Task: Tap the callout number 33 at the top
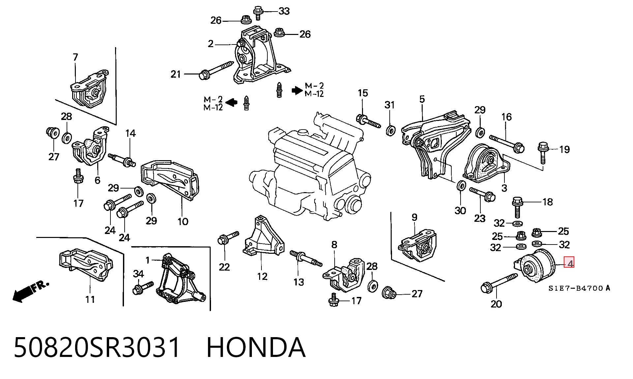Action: [x=284, y=11]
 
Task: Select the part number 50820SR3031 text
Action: [x=97, y=347]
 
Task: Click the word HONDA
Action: [x=256, y=347]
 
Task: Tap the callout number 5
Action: [x=422, y=99]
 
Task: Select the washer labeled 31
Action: [x=391, y=130]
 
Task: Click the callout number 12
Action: [x=262, y=276]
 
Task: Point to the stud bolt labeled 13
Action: [x=306, y=259]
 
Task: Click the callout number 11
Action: [x=90, y=300]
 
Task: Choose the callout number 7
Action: [x=75, y=57]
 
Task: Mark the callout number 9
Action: [x=414, y=217]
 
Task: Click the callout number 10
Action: [x=183, y=221]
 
